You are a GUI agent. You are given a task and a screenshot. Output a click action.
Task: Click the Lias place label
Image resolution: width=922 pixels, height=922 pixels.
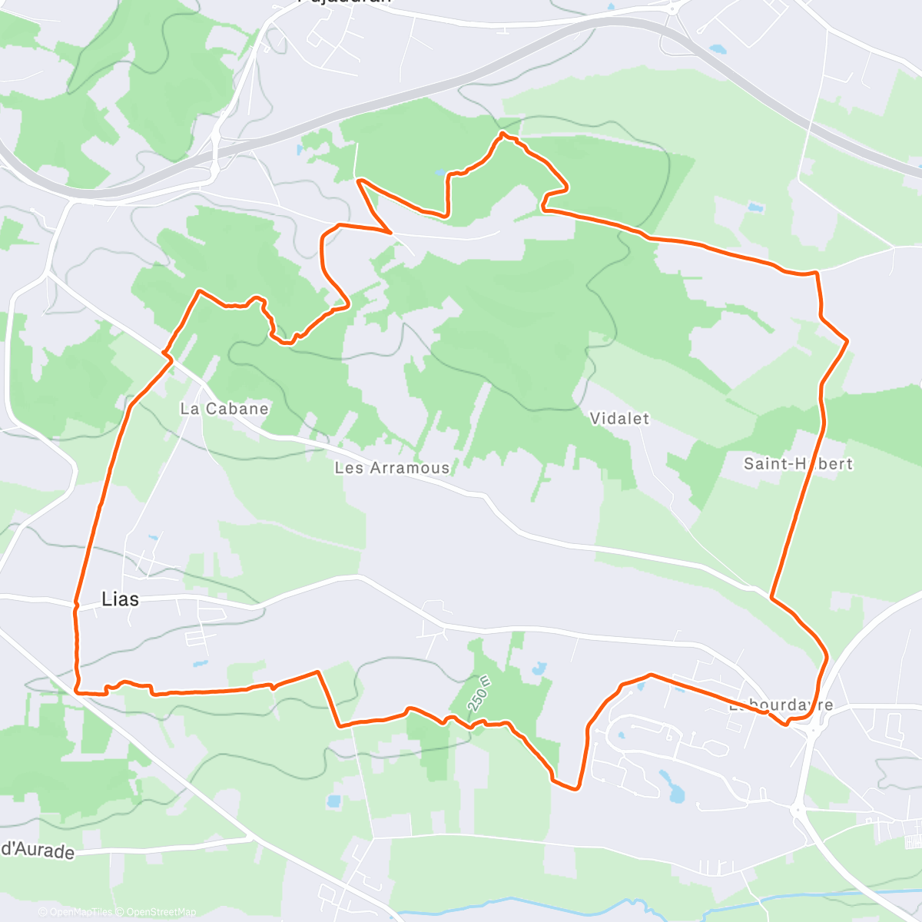coord(121,599)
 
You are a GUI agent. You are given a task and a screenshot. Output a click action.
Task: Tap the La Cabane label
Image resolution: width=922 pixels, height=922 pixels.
coord(224,409)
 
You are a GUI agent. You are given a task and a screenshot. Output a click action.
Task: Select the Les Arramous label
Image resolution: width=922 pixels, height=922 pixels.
coord(392,468)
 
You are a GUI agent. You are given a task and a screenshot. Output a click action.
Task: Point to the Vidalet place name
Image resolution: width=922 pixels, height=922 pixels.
coord(619,419)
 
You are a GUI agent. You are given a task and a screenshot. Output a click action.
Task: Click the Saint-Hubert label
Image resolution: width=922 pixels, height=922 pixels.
coord(798,464)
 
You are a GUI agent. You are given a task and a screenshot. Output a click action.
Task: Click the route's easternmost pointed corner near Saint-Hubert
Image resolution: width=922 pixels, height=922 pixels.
coord(847,340)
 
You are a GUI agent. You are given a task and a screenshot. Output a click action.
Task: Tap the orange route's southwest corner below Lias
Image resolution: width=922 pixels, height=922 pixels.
coord(78,691)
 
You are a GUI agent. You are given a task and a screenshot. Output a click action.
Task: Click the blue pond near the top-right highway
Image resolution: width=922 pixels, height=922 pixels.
coord(718,48)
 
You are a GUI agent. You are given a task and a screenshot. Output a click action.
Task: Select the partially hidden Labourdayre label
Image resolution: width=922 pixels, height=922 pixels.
coord(781,705)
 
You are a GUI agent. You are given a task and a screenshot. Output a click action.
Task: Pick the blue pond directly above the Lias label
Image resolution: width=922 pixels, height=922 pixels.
coord(152,538)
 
